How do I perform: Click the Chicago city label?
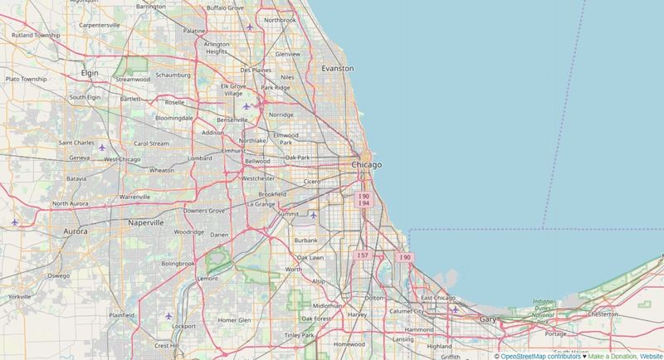click(x=366, y=165)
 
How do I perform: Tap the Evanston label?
click(x=337, y=69)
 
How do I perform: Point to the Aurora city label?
click(x=75, y=231)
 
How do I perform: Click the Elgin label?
click(x=89, y=73)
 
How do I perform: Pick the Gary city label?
click(x=487, y=319)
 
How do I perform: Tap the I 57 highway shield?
click(x=361, y=255)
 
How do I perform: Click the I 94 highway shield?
click(x=364, y=203)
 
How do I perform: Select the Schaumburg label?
click(x=173, y=75)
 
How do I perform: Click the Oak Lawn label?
click(x=310, y=258)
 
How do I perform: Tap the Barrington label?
click(x=150, y=7)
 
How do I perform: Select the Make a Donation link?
click(x=612, y=356)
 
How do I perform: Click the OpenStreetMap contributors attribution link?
click(x=541, y=356)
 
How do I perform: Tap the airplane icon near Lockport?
click(x=169, y=315)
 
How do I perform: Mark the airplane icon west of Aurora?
click(x=15, y=222)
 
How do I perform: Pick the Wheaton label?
click(x=161, y=170)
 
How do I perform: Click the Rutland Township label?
click(x=36, y=36)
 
